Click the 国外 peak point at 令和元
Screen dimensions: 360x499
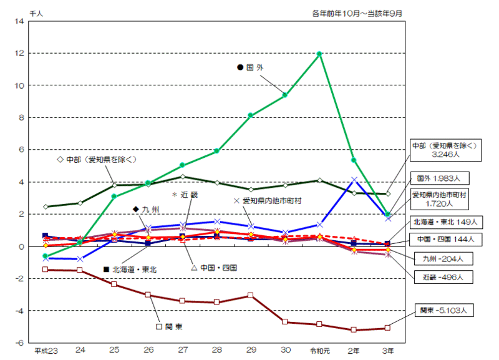pyautogui.click(x=319, y=54)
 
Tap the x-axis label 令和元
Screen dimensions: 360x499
pyautogui.click(x=319, y=350)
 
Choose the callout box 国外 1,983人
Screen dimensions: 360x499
pyautogui.click(x=438, y=178)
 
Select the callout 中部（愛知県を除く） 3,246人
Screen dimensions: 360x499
pyautogui.click(x=444, y=149)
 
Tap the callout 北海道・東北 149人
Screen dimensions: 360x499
pyautogui.click(x=443, y=221)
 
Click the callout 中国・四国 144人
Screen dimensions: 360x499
pyautogui.click(x=443, y=238)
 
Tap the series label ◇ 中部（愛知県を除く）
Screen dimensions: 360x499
pyautogui.click(x=96, y=160)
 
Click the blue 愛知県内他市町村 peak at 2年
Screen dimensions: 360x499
pyautogui.click(x=354, y=180)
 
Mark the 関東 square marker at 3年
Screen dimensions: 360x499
pyautogui.click(x=387, y=328)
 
